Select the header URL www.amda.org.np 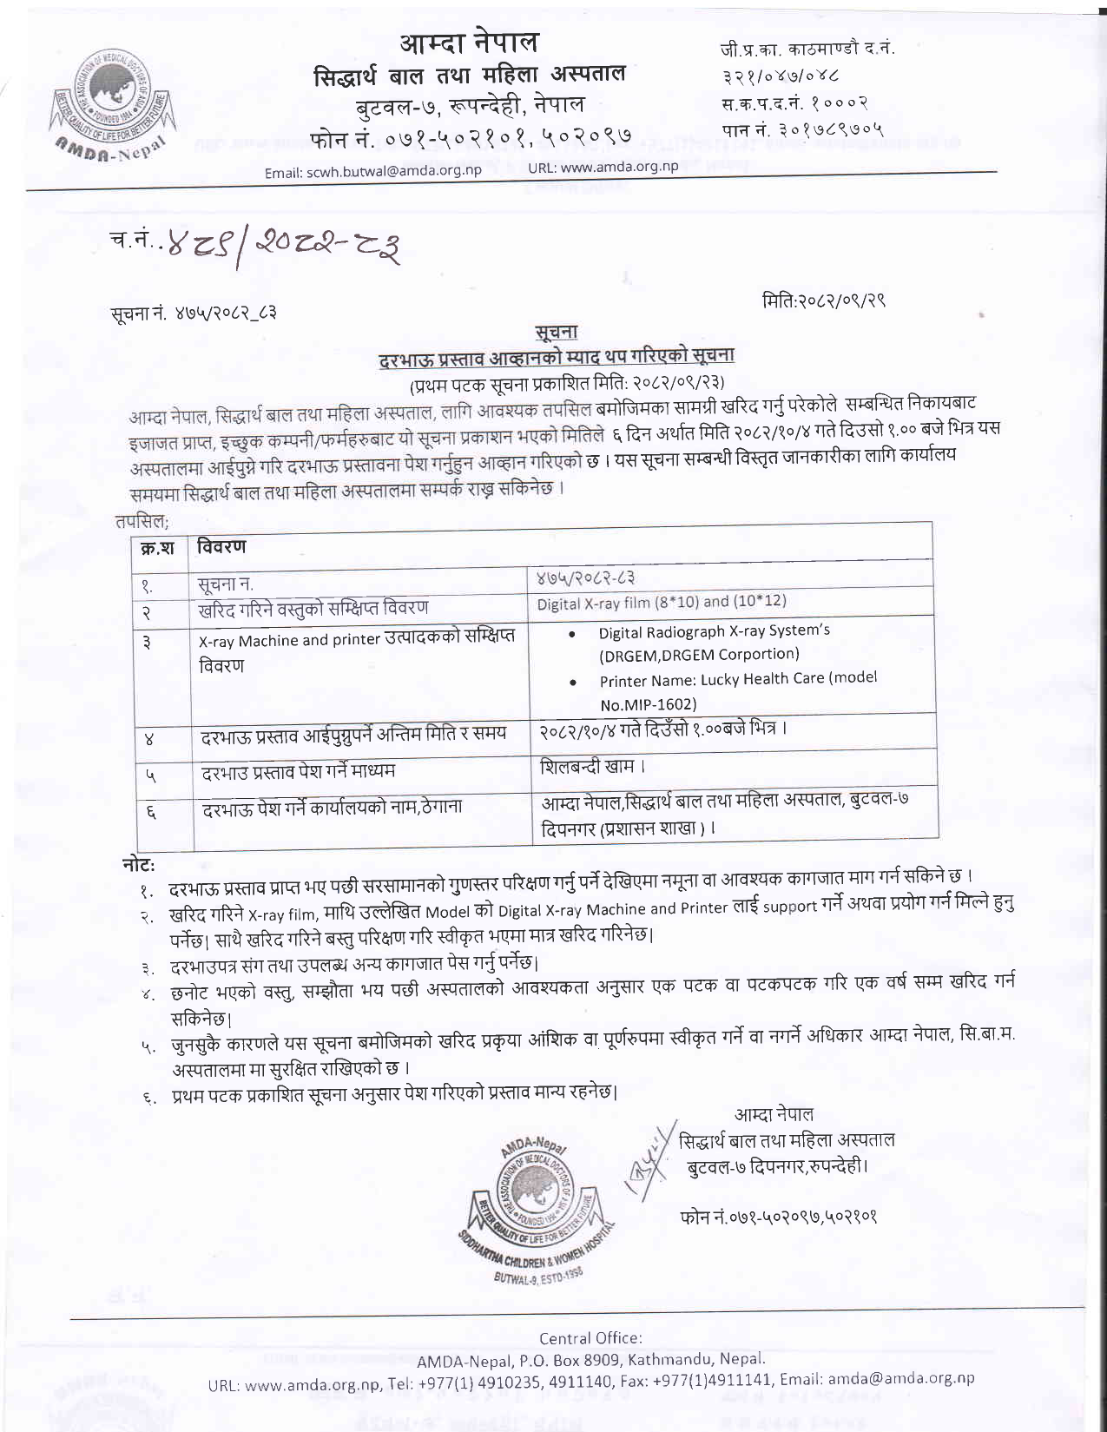click(x=620, y=167)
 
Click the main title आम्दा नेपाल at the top click(x=469, y=42)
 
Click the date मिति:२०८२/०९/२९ click(x=823, y=300)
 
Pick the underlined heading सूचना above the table click(x=557, y=332)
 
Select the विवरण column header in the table click(x=221, y=546)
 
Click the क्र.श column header click(x=158, y=548)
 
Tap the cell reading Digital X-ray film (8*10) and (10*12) click(x=662, y=602)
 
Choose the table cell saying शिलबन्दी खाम click(x=592, y=766)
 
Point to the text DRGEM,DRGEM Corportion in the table click(x=699, y=655)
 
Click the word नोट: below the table click(x=139, y=864)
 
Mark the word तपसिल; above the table click(x=142, y=521)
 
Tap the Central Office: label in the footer click(x=590, y=1338)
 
